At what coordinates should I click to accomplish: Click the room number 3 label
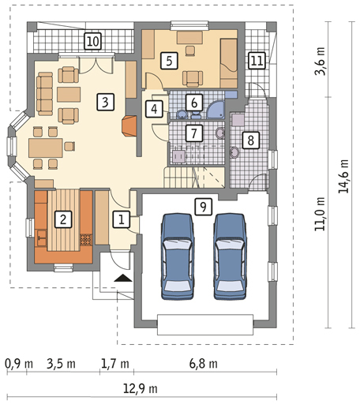[105, 102]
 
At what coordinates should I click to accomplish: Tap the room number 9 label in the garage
[204, 207]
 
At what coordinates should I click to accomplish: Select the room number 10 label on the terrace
[93, 41]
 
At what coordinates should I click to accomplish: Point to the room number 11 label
[257, 61]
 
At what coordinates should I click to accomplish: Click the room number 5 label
[169, 61]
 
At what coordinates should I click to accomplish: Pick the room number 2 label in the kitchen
[63, 219]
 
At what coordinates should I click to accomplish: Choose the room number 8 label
[251, 140]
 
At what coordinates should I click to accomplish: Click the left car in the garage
[178, 256]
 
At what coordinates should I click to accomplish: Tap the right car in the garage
[230, 256]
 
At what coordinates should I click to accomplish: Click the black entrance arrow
[123, 278]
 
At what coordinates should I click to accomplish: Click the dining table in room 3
[46, 148]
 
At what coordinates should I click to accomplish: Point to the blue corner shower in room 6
[216, 110]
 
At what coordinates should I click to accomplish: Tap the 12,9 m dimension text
[141, 388]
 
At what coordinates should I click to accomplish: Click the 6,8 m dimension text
[204, 364]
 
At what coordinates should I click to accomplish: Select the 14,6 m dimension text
[343, 176]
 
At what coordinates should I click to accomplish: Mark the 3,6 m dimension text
[320, 62]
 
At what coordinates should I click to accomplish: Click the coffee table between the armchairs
[69, 95]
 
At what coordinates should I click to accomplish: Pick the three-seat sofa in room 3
[45, 94]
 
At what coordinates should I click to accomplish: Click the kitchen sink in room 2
[41, 238]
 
